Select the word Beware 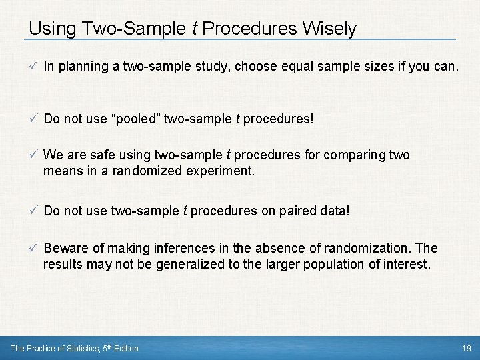65,249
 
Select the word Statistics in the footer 73,348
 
